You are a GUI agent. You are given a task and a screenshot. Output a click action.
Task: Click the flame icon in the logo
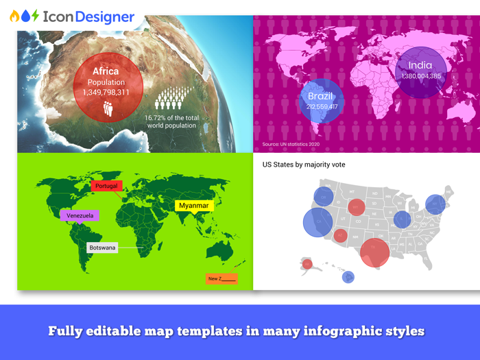pos(13,16)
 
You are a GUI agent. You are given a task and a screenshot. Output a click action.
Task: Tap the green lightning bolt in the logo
pos(35,16)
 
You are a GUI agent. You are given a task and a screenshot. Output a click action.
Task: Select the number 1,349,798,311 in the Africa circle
pos(108,92)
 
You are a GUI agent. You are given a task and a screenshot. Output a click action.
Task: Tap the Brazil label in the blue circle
pos(320,97)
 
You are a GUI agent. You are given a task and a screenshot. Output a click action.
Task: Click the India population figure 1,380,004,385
pos(421,76)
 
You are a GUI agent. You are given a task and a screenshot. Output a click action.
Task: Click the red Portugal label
pos(106,186)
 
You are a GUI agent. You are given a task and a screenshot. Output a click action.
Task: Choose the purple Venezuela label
pos(80,215)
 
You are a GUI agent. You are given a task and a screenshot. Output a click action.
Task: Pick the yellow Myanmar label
pos(194,205)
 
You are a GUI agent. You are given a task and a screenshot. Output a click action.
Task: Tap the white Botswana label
pos(103,247)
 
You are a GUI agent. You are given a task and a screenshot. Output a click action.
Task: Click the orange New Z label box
pos(221,278)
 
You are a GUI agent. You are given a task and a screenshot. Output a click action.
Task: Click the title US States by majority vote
pos(304,165)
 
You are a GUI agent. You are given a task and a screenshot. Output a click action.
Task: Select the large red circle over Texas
pos(374,252)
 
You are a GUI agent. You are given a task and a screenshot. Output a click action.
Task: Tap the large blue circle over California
pos(317,222)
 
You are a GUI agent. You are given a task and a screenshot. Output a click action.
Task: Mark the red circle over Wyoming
pos(356,206)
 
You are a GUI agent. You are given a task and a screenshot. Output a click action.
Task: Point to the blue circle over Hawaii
pos(348,277)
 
